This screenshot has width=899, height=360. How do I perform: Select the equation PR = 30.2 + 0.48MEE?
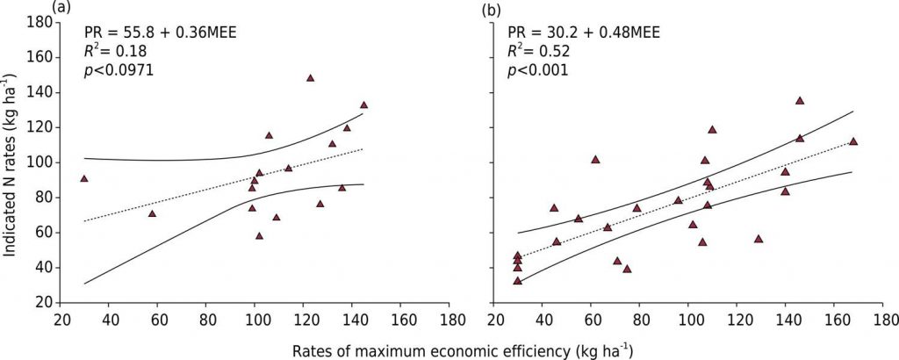587,32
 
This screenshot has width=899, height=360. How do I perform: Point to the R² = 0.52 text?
544,51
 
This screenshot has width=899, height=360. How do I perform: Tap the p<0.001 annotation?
546,70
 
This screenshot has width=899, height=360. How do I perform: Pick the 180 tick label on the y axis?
36,22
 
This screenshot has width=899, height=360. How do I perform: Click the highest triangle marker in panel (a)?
311,78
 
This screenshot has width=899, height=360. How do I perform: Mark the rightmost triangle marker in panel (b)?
853,141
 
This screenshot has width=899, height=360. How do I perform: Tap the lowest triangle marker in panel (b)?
518,281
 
